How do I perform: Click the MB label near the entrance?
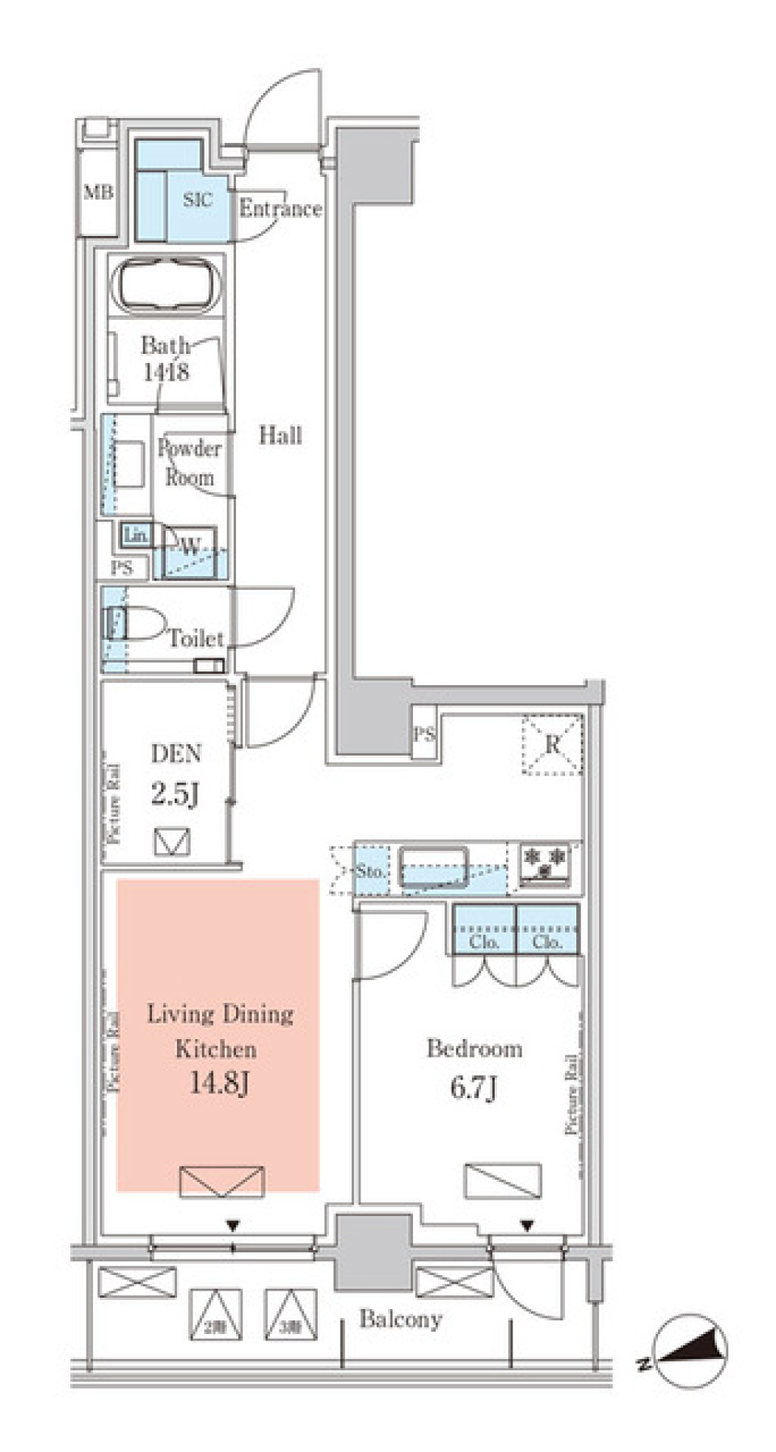point(99,193)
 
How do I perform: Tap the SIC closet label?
point(198,199)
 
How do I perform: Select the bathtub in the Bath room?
point(168,284)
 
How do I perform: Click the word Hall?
point(280,436)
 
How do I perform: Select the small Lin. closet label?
point(135,534)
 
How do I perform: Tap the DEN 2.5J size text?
point(175,794)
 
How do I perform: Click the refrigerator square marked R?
point(552,744)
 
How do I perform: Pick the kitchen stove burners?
point(546,862)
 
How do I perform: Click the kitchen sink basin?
point(433,866)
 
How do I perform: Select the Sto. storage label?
point(370,872)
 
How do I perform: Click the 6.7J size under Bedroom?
point(474,1088)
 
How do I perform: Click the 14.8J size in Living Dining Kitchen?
point(218,1082)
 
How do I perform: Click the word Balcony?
point(401,1319)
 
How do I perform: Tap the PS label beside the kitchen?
point(424,734)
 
